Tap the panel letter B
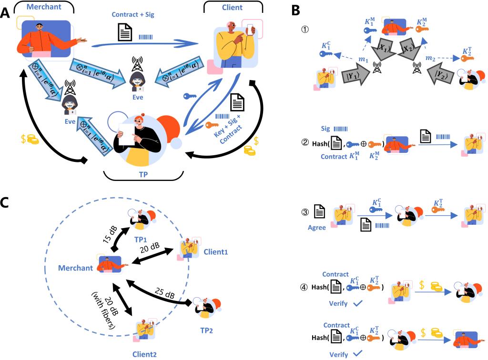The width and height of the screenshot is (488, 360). pyautogui.click(x=296, y=8)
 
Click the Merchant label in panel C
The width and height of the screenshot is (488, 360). pyautogui.click(x=75, y=268)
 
